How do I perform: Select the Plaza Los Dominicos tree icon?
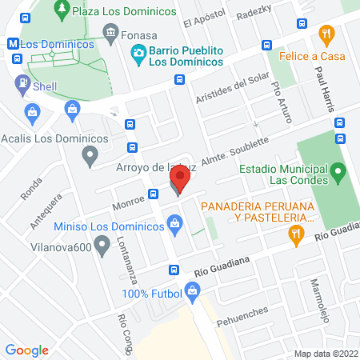(x=61, y=10)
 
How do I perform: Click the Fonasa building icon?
(x=110, y=34)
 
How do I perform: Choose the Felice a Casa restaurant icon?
(x=325, y=34)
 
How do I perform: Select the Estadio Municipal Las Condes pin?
(x=338, y=170)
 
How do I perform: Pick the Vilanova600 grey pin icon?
(x=101, y=248)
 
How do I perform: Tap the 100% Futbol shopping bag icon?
(x=191, y=294)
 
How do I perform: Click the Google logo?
(x=26, y=350)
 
